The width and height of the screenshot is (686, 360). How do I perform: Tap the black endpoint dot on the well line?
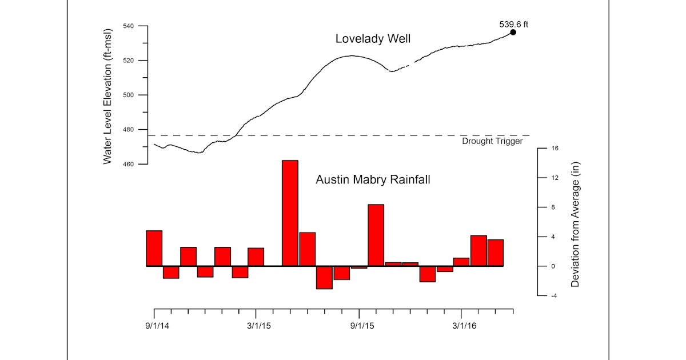coord(513,33)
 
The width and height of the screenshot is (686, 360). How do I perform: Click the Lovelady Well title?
coord(373,39)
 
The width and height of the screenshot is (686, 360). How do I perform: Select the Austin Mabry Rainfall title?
coord(373,179)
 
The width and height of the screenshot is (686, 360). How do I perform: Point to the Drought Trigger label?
coord(492,141)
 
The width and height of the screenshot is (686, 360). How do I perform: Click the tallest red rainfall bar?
coord(290,213)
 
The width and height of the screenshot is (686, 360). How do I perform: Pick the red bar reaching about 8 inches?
coord(376,235)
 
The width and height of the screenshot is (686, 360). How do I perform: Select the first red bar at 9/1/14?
coord(154,248)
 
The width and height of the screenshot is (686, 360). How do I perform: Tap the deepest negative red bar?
coord(324,277)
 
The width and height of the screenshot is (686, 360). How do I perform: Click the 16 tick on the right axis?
coord(555,149)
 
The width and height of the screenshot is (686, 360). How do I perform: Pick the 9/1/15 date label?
coord(359,326)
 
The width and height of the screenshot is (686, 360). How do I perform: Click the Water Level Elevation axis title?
coord(107,95)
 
